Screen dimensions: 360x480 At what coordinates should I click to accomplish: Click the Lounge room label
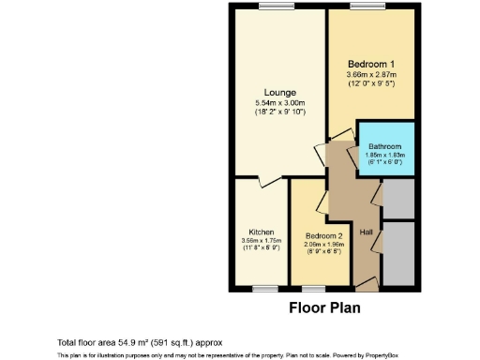pos(280,92)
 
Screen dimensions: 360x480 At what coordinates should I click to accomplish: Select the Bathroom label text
pos(384,147)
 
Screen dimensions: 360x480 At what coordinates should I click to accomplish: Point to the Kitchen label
pos(261,232)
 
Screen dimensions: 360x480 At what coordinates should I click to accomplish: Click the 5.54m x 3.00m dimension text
pos(280,103)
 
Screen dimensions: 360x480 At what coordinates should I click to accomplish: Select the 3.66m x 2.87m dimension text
pos(372,75)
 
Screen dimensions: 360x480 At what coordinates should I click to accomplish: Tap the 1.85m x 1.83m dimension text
pos(384,156)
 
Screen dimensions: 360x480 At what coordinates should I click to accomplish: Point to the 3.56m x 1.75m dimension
pos(261,241)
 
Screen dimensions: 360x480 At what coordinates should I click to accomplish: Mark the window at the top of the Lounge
pos(273,7)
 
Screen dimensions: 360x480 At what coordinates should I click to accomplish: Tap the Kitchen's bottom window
pos(265,287)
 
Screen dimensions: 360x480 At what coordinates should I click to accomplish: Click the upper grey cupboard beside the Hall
pos(397,199)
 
